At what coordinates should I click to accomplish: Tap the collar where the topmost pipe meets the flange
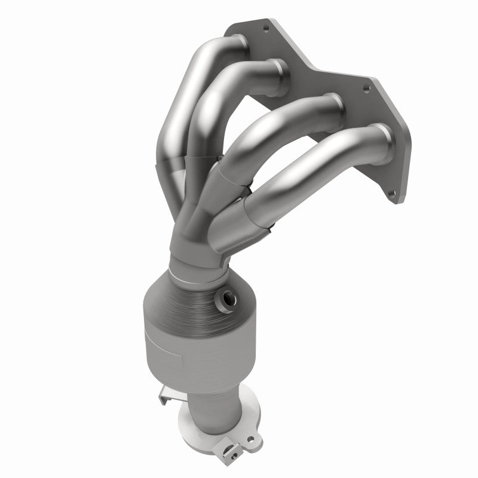point(235,44)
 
